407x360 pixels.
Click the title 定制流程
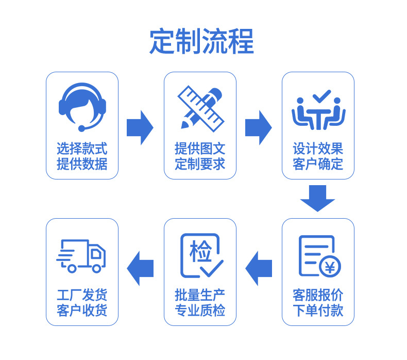[x=201, y=41]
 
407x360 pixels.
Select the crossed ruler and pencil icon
[x=200, y=107]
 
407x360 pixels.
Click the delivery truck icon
[x=81, y=255]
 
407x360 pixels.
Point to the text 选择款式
[x=82, y=149]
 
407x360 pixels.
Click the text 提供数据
[x=82, y=165]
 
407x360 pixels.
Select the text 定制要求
[x=200, y=165]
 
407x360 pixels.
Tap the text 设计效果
[x=318, y=149]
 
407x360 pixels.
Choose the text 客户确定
[x=318, y=165]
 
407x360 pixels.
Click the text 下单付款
[x=318, y=310]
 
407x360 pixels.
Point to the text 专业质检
[x=200, y=310]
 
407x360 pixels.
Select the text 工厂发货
[x=82, y=295]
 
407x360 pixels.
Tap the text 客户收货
[x=82, y=310]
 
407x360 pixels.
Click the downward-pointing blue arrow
[x=318, y=199]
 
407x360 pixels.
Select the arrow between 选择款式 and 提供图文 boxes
[x=140, y=127]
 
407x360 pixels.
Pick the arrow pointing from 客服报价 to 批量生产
[x=259, y=268]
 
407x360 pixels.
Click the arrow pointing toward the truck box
[x=140, y=268]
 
